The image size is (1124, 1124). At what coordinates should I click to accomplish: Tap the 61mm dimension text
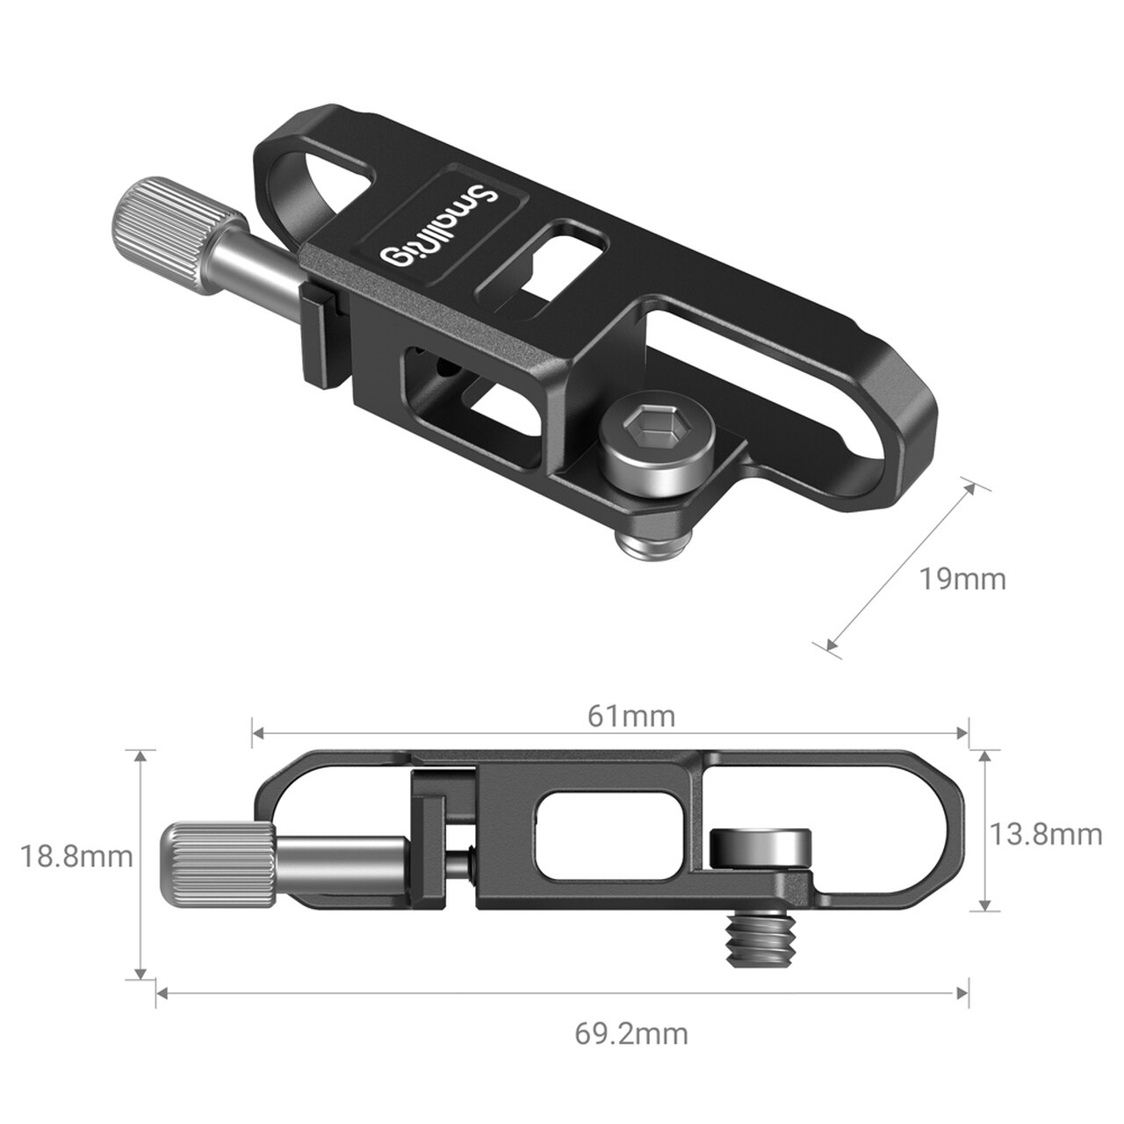[x=631, y=717]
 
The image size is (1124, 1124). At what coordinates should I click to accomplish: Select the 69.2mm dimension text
[x=631, y=1034]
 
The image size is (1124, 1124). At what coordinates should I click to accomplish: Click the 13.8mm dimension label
[x=1046, y=833]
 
